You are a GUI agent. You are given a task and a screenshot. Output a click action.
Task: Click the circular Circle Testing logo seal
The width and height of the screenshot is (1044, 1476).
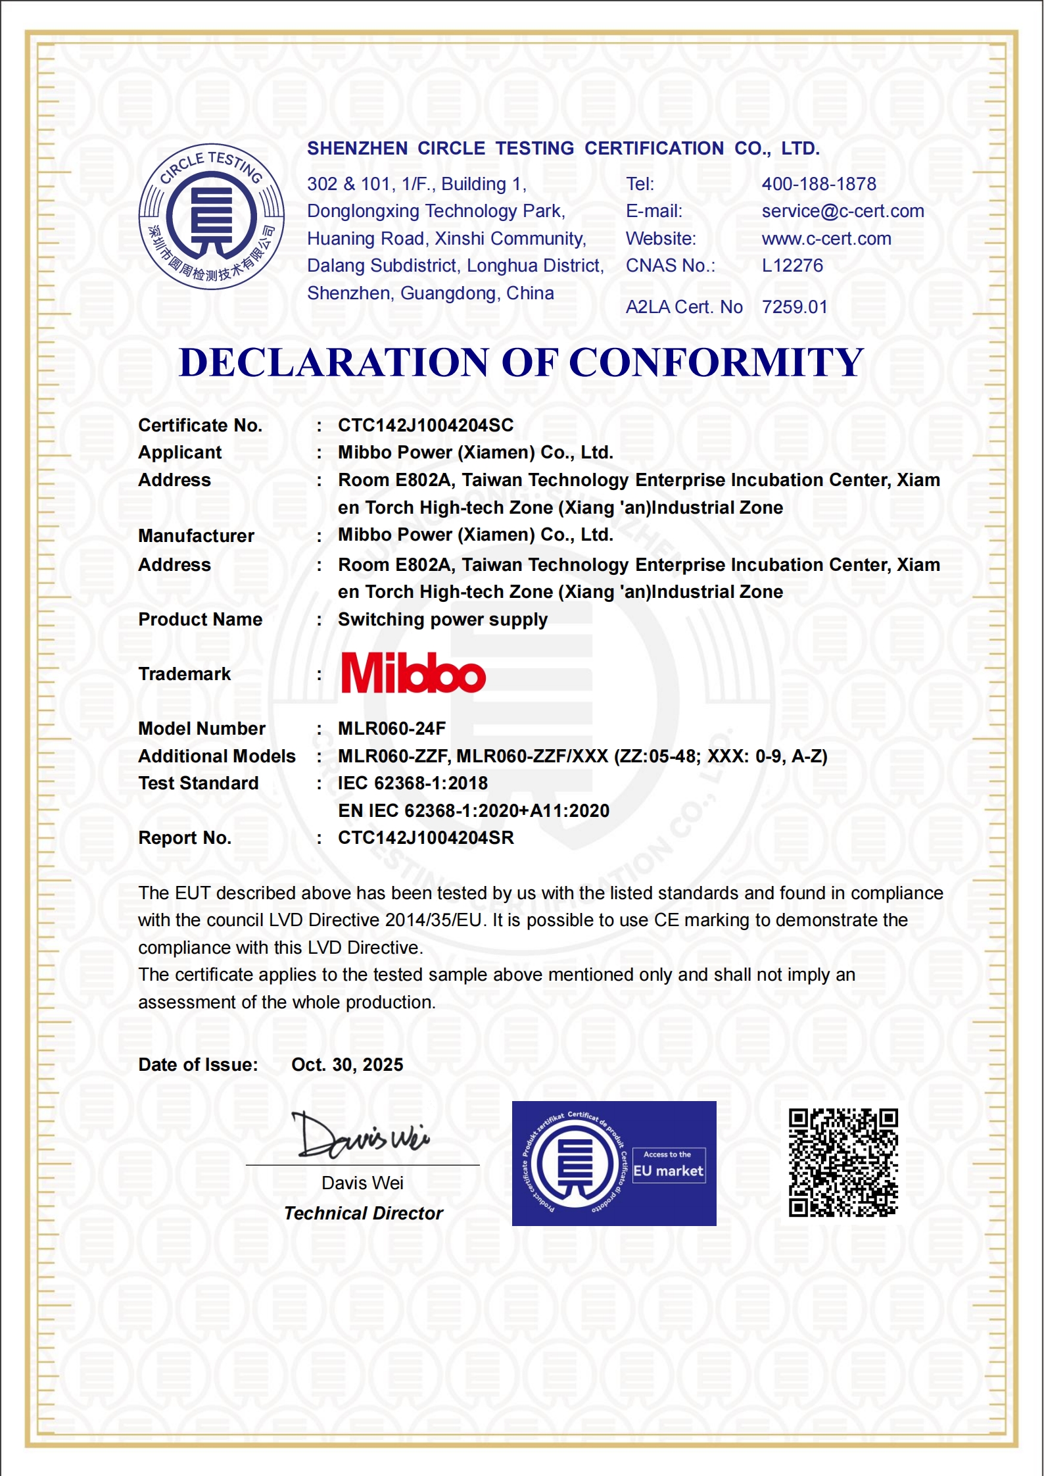(211, 216)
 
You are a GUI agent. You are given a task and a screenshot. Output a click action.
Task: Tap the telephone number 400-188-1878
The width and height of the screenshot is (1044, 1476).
(819, 184)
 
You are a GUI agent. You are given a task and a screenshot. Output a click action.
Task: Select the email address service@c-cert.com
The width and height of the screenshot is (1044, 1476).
(842, 211)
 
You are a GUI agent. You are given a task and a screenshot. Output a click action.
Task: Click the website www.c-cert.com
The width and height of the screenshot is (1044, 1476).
(826, 239)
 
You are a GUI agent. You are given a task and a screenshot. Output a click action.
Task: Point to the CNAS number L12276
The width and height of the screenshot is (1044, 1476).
(792, 266)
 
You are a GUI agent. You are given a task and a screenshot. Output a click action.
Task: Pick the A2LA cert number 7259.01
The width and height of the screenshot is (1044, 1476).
(794, 307)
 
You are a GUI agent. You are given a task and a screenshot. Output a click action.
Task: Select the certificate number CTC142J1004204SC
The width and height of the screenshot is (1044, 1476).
(425, 426)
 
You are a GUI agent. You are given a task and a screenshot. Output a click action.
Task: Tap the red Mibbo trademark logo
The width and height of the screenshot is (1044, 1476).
(413, 673)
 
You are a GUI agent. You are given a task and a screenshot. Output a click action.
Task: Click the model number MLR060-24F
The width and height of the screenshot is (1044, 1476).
(392, 729)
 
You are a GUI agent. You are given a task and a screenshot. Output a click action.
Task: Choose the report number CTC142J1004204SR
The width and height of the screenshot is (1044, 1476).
(425, 838)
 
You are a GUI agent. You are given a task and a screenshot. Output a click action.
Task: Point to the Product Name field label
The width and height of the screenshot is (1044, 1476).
(200, 620)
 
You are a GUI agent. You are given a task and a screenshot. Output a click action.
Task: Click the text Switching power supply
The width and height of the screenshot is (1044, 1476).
(442, 620)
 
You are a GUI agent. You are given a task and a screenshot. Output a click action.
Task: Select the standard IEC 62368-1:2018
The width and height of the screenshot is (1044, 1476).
(413, 783)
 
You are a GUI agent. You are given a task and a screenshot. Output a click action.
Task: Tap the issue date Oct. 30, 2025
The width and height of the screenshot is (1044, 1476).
(347, 1065)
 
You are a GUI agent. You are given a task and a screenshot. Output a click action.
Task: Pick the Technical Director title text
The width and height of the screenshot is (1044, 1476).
(364, 1214)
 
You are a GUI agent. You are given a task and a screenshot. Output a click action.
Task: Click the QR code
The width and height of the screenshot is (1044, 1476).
(843, 1163)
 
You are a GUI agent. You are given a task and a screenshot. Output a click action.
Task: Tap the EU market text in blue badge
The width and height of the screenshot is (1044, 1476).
(668, 1171)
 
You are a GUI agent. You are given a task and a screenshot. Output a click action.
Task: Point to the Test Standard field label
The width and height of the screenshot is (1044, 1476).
(198, 783)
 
